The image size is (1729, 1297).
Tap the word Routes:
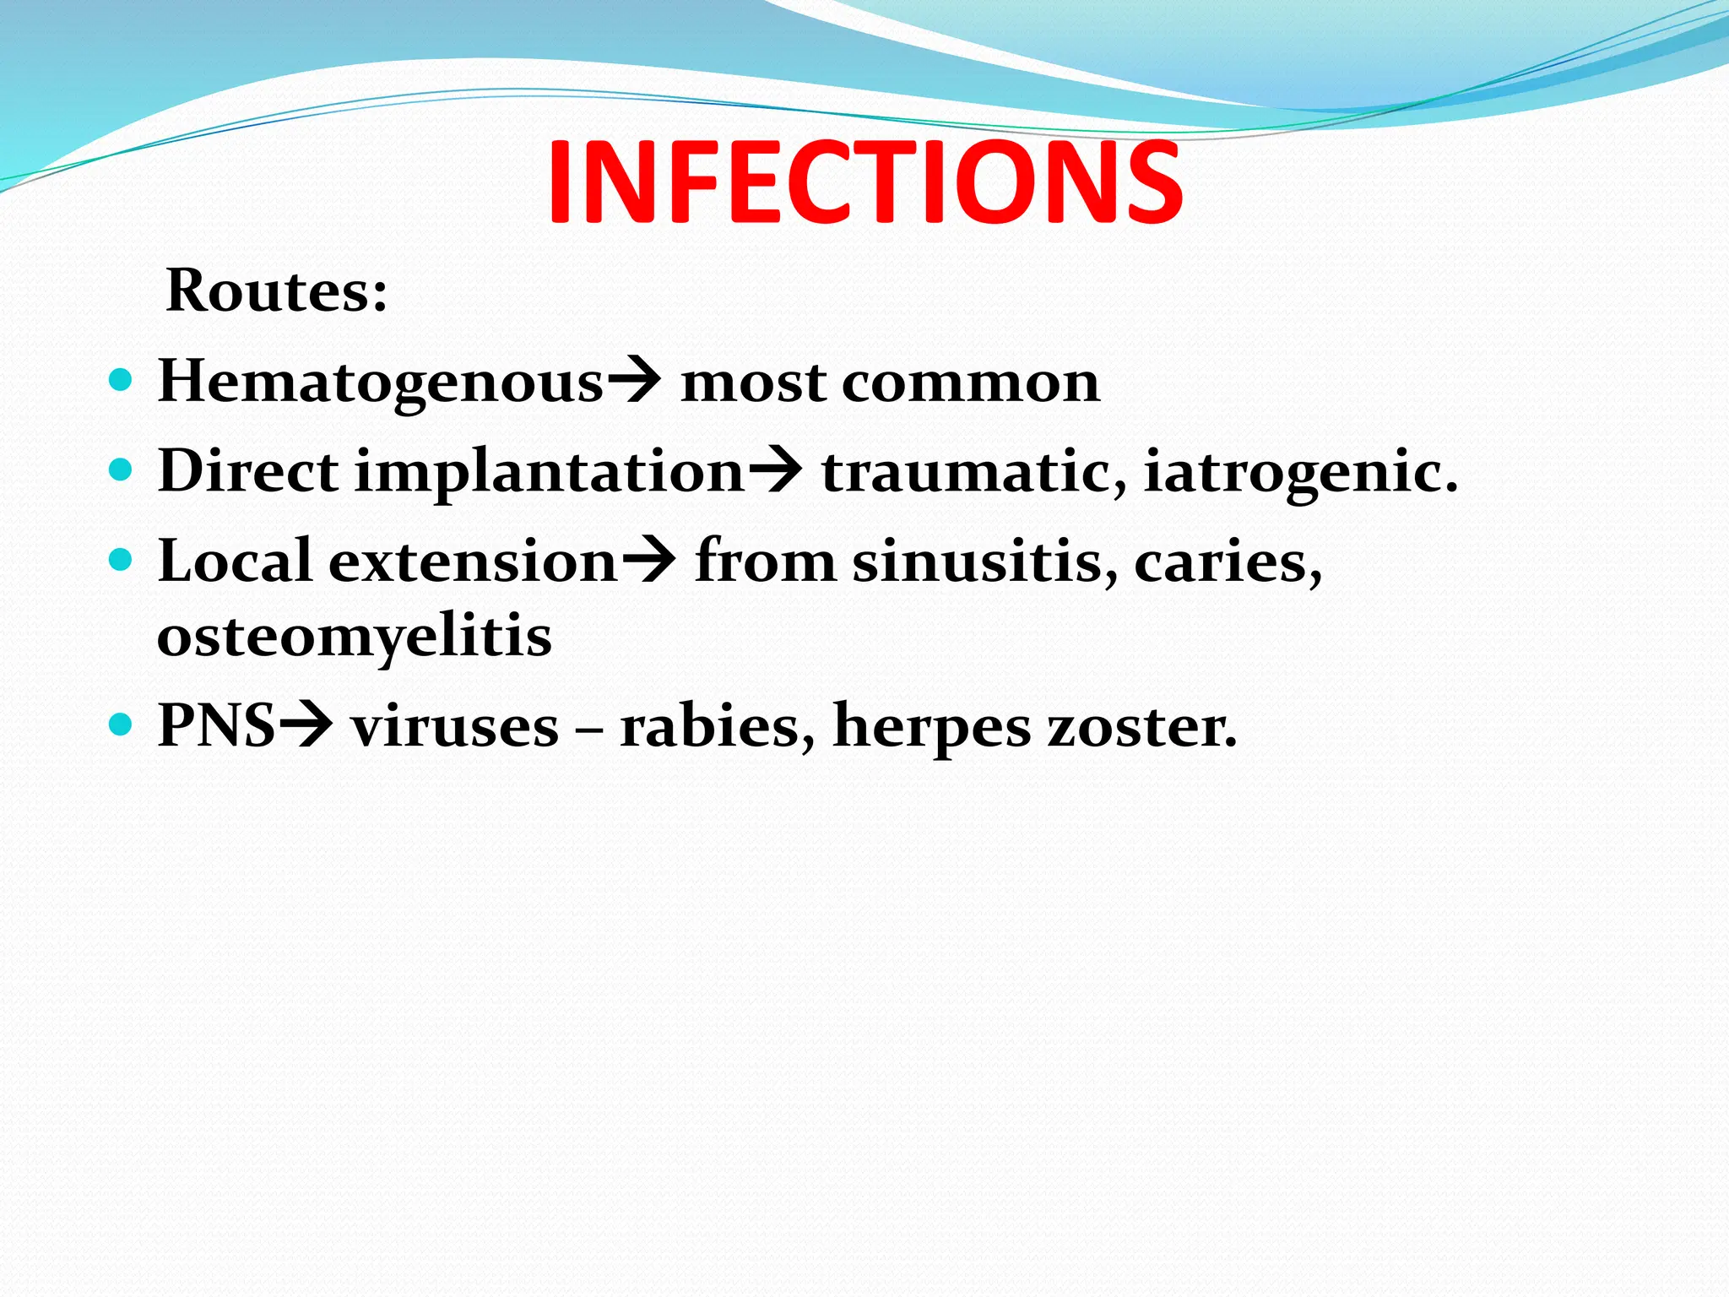pyautogui.click(x=277, y=290)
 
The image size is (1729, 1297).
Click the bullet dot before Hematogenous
pyautogui.click(x=122, y=379)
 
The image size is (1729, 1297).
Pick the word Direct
pyautogui.click(x=248, y=470)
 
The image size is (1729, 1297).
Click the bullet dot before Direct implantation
pyautogui.click(x=122, y=469)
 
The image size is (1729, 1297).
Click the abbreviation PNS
pyautogui.click(x=217, y=725)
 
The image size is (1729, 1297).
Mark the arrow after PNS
pyautogui.click(x=306, y=725)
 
